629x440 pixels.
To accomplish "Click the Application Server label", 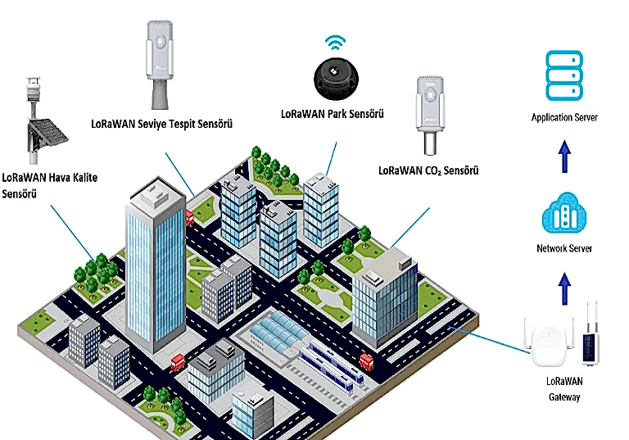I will coord(564,117).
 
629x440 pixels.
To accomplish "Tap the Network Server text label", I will coord(563,248).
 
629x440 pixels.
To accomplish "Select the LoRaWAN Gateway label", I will coord(563,389).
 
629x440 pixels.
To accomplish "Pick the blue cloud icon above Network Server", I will coord(563,215).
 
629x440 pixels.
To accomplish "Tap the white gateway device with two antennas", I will coord(546,345).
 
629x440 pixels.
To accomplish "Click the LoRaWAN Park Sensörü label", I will coord(333,113).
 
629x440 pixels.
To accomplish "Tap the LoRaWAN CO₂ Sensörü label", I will coord(428,171).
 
